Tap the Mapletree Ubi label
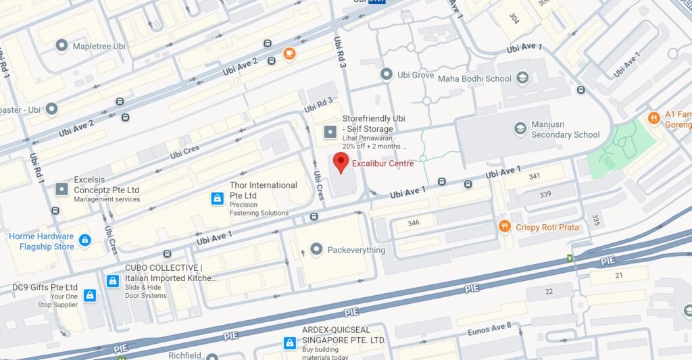click(x=100, y=46)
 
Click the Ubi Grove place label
click(x=415, y=75)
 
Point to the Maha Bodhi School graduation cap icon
click(x=522, y=79)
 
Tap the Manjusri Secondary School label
click(x=565, y=130)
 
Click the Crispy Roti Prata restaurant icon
click(x=504, y=227)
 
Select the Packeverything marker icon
click(x=316, y=250)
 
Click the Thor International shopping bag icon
click(x=218, y=199)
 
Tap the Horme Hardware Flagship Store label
click(x=41, y=241)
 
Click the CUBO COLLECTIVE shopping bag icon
click(x=113, y=280)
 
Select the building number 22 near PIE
click(x=548, y=291)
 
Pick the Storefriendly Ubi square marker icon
click(x=330, y=131)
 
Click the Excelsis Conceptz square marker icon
click(x=61, y=190)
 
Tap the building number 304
click(x=514, y=18)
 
